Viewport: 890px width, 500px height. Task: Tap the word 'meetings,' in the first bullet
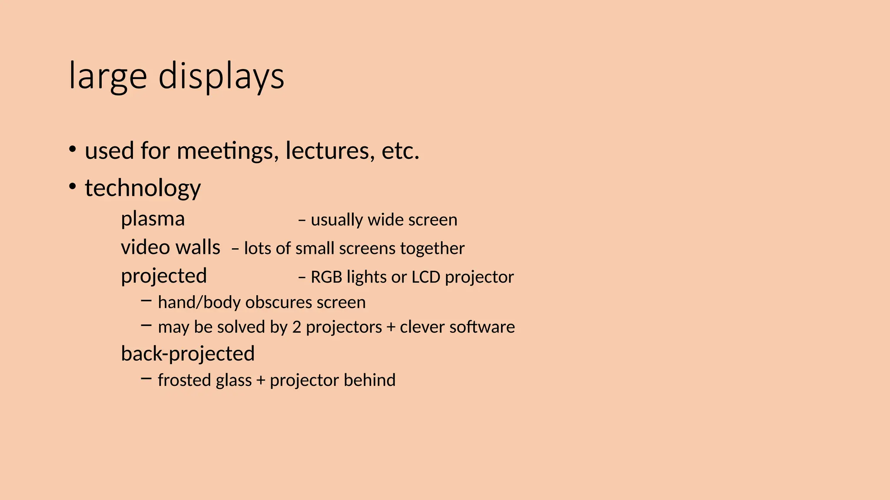click(x=228, y=151)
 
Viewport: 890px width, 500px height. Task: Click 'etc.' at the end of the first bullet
click(x=400, y=151)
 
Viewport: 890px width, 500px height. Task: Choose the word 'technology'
click(x=143, y=188)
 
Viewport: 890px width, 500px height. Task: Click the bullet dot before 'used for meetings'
click(x=73, y=150)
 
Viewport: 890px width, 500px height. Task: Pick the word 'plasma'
click(x=153, y=219)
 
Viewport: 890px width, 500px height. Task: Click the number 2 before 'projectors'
click(x=296, y=327)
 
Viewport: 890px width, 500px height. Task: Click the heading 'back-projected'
click(x=188, y=354)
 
